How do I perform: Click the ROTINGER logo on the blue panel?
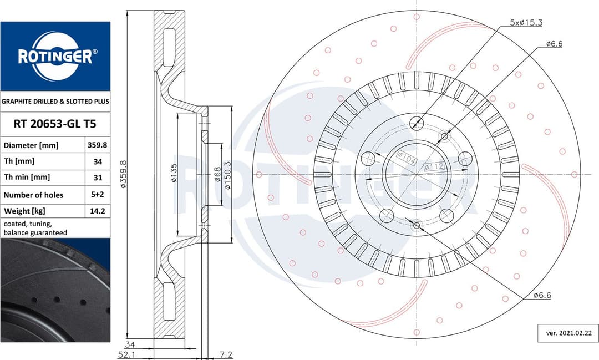[55, 56]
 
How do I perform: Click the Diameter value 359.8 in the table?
[97, 145]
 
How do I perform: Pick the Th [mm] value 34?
[97, 161]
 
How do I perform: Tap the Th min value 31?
[97, 178]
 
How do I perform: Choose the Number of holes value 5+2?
[97, 195]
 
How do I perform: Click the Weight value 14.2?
[97, 211]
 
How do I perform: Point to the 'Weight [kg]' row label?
[24, 211]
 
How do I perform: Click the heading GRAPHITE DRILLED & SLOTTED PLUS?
[55, 102]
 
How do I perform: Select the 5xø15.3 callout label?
[526, 23]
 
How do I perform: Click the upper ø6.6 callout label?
[554, 44]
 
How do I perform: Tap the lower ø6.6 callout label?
[542, 296]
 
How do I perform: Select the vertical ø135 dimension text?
[174, 173]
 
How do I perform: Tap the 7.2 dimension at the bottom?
[226, 354]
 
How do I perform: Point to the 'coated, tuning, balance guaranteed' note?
[35, 228]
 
